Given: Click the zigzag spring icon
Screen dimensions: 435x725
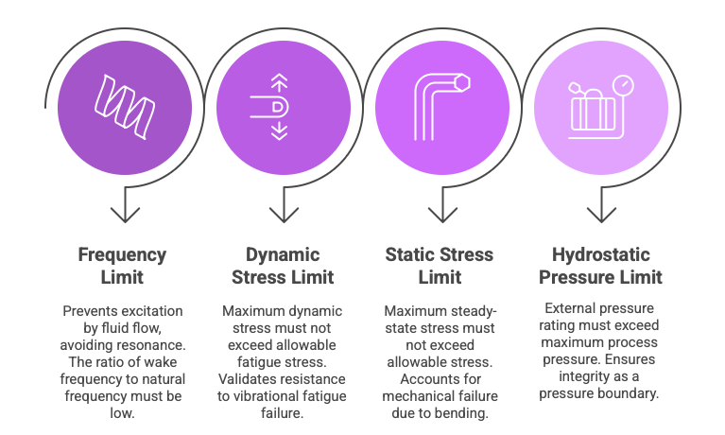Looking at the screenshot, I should coord(123,107).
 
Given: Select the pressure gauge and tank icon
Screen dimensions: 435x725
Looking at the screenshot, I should coord(600,107).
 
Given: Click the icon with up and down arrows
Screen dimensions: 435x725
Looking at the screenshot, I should coord(279,107).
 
